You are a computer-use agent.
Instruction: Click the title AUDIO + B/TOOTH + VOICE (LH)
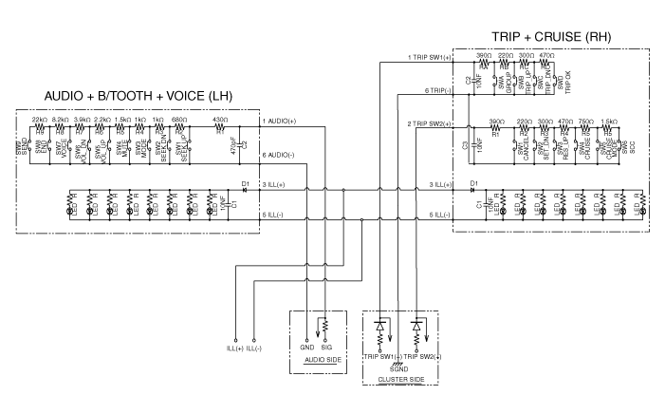click(138, 97)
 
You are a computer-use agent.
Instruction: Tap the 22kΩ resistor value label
click(40, 121)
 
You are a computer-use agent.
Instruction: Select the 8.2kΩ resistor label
click(60, 121)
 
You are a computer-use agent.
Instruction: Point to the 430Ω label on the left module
click(219, 121)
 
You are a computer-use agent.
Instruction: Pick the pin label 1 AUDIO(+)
click(279, 122)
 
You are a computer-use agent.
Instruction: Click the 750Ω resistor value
click(586, 122)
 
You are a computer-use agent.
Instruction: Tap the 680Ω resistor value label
click(178, 121)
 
